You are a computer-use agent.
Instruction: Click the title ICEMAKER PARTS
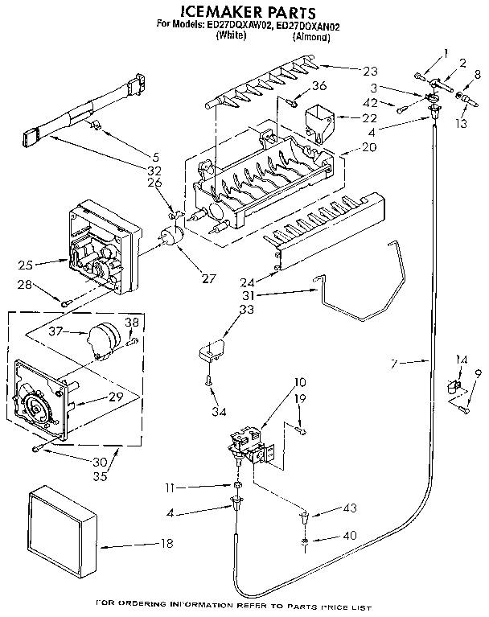[245, 11]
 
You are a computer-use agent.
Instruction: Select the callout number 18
[166, 544]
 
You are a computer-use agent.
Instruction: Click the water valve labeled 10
[248, 446]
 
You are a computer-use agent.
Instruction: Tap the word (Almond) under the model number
[310, 37]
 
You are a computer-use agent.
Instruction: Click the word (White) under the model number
[232, 37]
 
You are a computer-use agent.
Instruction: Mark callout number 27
[209, 278]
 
